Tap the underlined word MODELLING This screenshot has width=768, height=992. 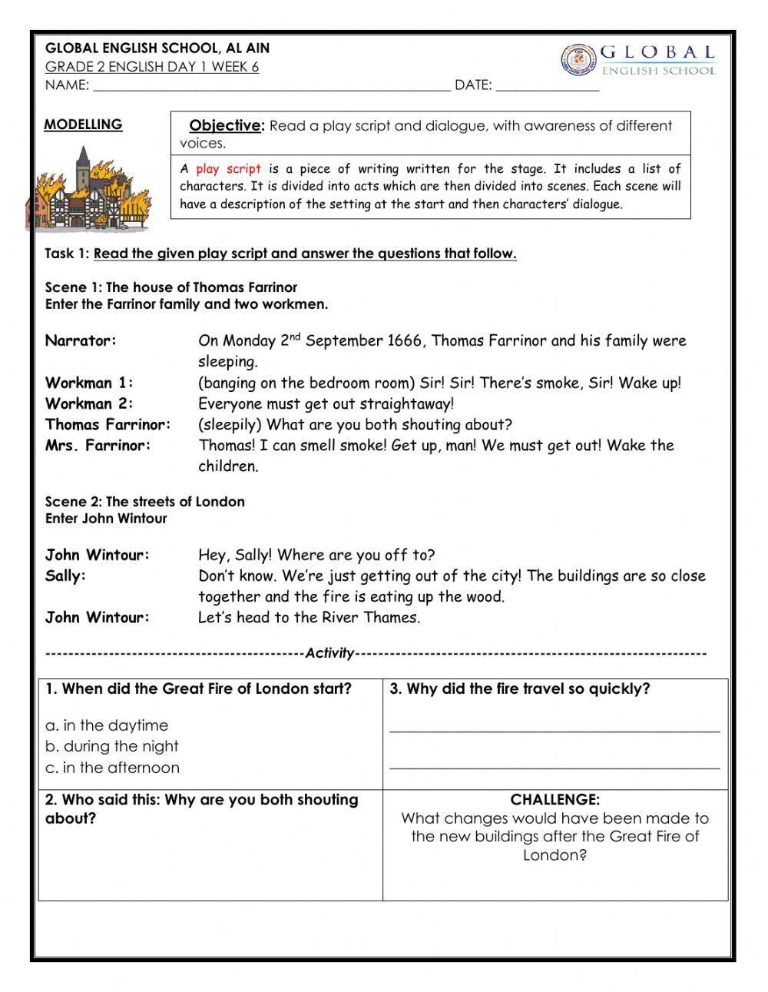(x=83, y=124)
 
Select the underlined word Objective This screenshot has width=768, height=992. (x=225, y=126)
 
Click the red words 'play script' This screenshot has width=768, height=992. (x=228, y=169)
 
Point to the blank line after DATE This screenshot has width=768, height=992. (x=547, y=86)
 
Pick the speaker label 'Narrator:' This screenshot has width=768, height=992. (x=81, y=340)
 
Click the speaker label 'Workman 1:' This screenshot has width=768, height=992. (x=89, y=383)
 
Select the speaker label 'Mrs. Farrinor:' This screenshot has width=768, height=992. (x=98, y=446)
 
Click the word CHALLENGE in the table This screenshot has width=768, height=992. (x=554, y=800)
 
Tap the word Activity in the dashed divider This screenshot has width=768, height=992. (x=329, y=654)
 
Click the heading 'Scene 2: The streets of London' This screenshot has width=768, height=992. (x=144, y=502)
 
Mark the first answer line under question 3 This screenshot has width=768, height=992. (x=554, y=731)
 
